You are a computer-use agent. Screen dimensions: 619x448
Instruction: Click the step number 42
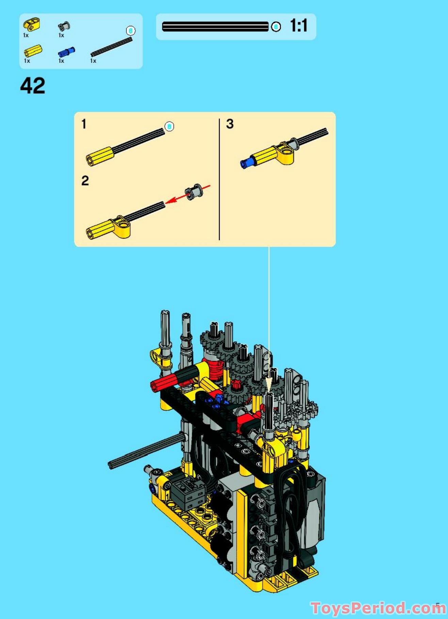pyautogui.click(x=33, y=86)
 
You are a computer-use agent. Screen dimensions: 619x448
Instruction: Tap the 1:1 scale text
pyautogui.click(x=299, y=26)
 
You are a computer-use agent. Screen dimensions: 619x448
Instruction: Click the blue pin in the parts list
pyautogui.click(x=66, y=52)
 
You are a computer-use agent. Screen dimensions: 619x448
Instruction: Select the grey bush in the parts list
pyautogui.click(x=64, y=27)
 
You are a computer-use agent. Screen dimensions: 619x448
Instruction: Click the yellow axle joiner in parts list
pyautogui.click(x=33, y=51)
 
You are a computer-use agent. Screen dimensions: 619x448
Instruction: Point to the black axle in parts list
pyautogui.click(x=111, y=47)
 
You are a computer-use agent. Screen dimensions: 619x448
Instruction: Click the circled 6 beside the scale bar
pyautogui.click(x=276, y=27)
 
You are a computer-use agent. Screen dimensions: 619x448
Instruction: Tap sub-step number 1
pyautogui.click(x=84, y=124)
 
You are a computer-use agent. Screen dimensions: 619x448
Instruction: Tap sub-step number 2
pyautogui.click(x=85, y=181)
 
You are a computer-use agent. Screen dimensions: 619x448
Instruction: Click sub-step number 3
pyautogui.click(x=230, y=124)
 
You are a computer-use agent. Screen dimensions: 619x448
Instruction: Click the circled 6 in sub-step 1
pyautogui.click(x=169, y=127)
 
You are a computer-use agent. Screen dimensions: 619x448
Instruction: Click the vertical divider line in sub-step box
pyautogui.click(x=219, y=179)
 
